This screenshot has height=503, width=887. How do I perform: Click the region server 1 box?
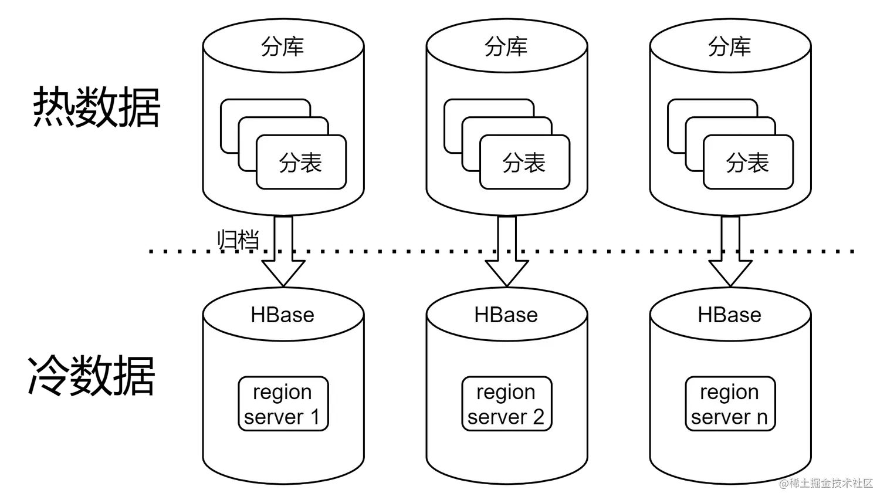click(283, 404)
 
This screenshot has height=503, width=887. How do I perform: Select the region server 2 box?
click(506, 404)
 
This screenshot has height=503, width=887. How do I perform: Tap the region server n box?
click(730, 404)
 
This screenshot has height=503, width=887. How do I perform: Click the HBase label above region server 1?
click(282, 315)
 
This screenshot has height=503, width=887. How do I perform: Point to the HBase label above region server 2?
click(506, 315)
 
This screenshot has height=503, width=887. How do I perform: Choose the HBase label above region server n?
click(729, 315)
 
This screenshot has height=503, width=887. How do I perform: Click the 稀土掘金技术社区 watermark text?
click(830, 482)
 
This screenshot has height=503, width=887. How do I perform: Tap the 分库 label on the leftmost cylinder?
click(282, 47)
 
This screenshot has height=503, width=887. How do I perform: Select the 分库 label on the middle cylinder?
click(506, 47)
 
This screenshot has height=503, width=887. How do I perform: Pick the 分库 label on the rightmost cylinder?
click(729, 47)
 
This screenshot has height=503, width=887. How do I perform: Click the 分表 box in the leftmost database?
click(301, 163)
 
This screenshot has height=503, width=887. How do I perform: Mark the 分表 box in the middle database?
click(524, 163)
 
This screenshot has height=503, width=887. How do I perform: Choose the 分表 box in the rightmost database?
click(748, 163)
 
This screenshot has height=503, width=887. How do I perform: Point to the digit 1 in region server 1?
click(314, 417)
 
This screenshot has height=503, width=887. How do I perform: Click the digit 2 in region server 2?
click(538, 417)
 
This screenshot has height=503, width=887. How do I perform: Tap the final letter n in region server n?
click(761, 417)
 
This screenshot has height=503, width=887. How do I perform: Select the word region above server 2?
click(506, 393)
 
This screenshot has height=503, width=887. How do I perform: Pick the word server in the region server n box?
click(720, 417)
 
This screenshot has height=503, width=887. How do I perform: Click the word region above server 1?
click(282, 393)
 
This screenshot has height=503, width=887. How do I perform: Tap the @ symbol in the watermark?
click(783, 482)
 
